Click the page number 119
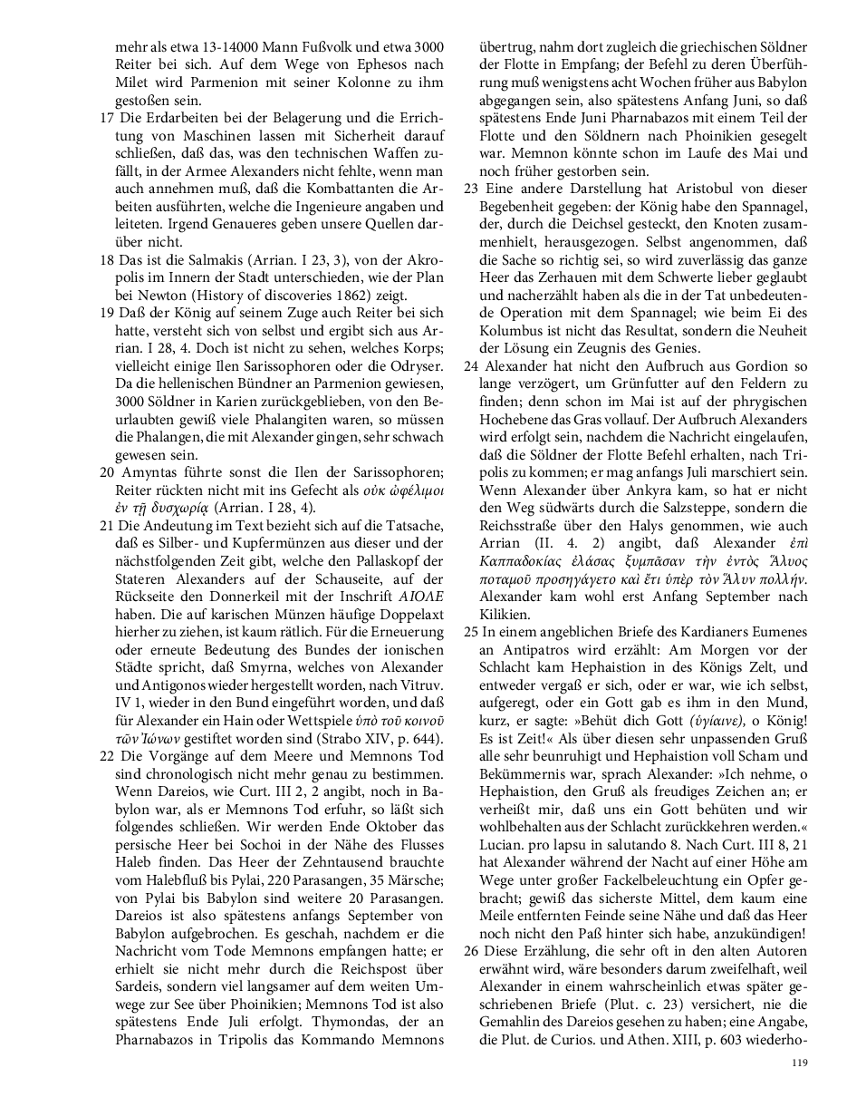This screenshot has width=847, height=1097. click(798, 1063)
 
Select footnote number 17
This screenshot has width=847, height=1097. click(106, 118)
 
